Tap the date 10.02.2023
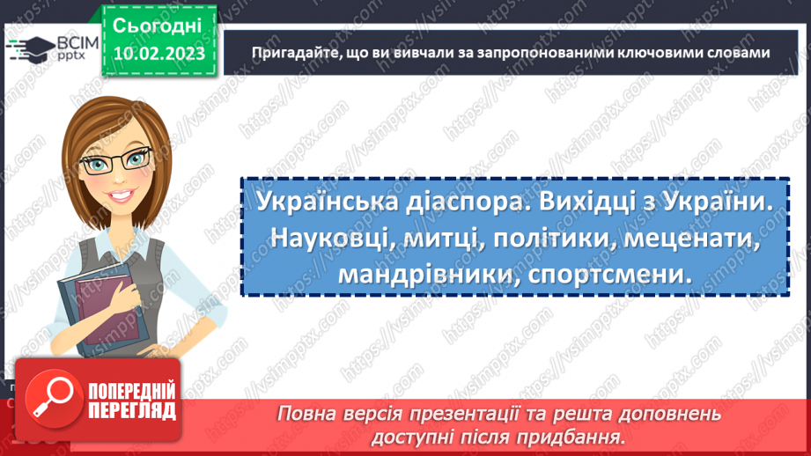click(158, 55)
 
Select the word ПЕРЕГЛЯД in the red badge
click(132, 411)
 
